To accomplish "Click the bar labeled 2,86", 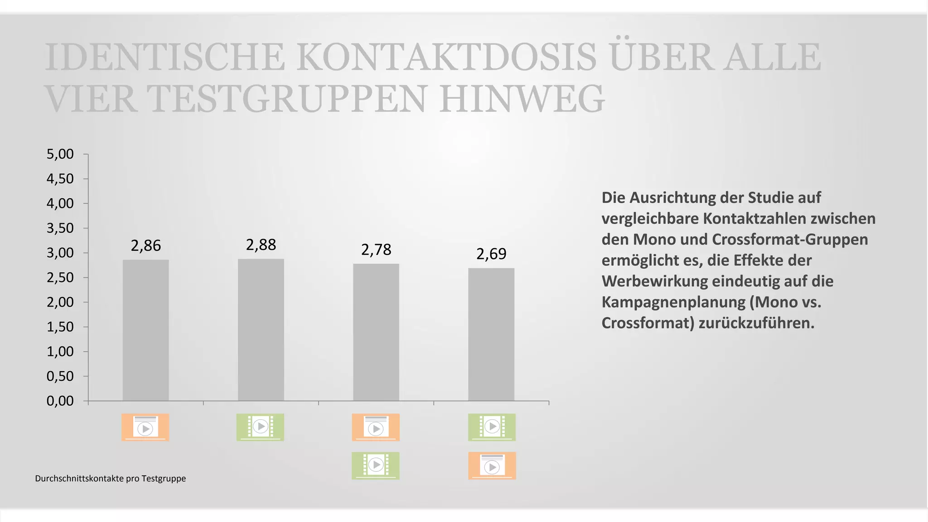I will pyautogui.click(x=145, y=330).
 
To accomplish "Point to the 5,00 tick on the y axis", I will pyautogui.click(x=60, y=154).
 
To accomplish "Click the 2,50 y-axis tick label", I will pyautogui.click(x=60, y=278).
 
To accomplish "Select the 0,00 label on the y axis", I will pyautogui.click(x=60, y=401).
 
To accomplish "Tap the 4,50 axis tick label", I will pyautogui.click(x=60, y=179).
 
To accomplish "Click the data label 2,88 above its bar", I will pyautogui.click(x=261, y=245).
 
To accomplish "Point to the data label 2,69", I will pyautogui.click(x=491, y=254).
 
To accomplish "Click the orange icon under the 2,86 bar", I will pyautogui.click(x=145, y=427).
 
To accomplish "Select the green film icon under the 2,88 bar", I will pyautogui.click(x=260, y=427).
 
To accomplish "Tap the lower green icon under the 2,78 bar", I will pyautogui.click(x=376, y=465).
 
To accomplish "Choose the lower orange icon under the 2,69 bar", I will pyautogui.click(x=492, y=465).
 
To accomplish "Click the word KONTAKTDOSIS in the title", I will pyautogui.click(x=446, y=57).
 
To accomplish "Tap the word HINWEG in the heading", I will pyautogui.click(x=522, y=99).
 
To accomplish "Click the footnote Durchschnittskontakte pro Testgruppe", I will pyautogui.click(x=111, y=479).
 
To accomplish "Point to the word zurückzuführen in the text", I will pyautogui.click(x=756, y=323).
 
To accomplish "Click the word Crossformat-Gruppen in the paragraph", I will pyautogui.click(x=790, y=239).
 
